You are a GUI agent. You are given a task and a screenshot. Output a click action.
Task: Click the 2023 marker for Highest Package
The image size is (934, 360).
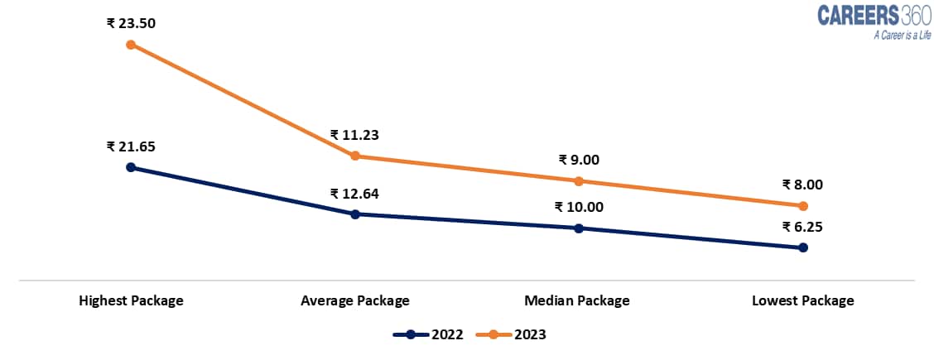pyautogui.click(x=131, y=45)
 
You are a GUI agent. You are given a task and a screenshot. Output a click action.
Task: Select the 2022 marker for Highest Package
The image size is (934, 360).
pyautogui.click(x=131, y=167)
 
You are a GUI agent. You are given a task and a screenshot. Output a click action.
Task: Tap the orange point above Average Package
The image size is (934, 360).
pyautogui.click(x=355, y=156)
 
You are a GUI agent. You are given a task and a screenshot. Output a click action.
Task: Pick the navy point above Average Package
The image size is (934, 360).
pyautogui.click(x=355, y=214)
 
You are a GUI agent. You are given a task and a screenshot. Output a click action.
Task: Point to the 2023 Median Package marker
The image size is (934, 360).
pyautogui.click(x=579, y=181)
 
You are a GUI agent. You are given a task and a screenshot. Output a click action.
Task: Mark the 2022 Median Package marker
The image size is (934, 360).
pyautogui.click(x=579, y=228)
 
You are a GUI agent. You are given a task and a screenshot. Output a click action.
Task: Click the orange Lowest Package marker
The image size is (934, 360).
pyautogui.click(x=803, y=206)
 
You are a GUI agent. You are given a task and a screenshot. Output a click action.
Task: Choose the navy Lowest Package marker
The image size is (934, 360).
pyautogui.click(x=803, y=247)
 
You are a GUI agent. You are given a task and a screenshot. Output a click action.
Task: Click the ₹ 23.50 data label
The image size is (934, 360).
pyautogui.click(x=131, y=23)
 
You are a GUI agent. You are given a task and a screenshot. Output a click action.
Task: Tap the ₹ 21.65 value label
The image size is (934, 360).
pyautogui.click(x=131, y=146)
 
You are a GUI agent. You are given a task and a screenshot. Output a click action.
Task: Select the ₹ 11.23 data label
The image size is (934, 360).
pyautogui.click(x=354, y=135)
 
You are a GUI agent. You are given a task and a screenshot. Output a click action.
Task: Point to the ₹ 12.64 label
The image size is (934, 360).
pyautogui.click(x=354, y=194)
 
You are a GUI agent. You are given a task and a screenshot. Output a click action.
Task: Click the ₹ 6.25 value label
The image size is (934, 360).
pyautogui.click(x=802, y=227)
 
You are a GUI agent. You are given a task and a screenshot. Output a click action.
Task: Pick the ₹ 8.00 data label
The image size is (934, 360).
pyautogui.click(x=802, y=185)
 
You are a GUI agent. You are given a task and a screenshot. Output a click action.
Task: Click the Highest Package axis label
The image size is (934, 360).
pyautogui.click(x=131, y=300)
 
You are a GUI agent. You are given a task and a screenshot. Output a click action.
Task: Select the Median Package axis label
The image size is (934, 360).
pyautogui.click(x=577, y=300)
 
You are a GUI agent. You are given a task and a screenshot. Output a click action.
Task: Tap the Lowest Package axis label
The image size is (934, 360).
pyautogui.click(x=802, y=300)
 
